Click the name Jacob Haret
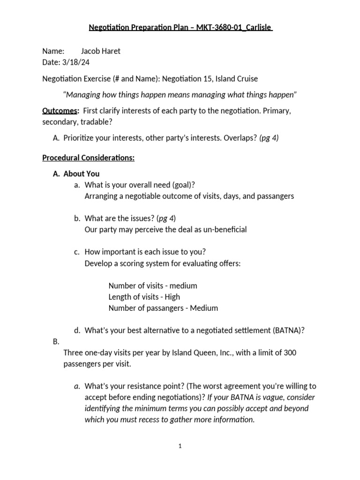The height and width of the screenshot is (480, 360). [101, 51]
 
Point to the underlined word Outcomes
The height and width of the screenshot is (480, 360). [60, 111]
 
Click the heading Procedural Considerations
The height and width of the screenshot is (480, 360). [88, 157]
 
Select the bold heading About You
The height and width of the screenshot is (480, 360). [82, 173]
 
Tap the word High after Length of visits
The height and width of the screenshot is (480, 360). [172, 297]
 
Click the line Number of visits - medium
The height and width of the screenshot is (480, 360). [153, 285]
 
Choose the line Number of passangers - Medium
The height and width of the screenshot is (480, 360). [163, 308]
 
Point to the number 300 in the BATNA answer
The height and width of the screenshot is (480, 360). [289, 352]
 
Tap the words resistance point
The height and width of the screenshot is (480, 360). [143, 386]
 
